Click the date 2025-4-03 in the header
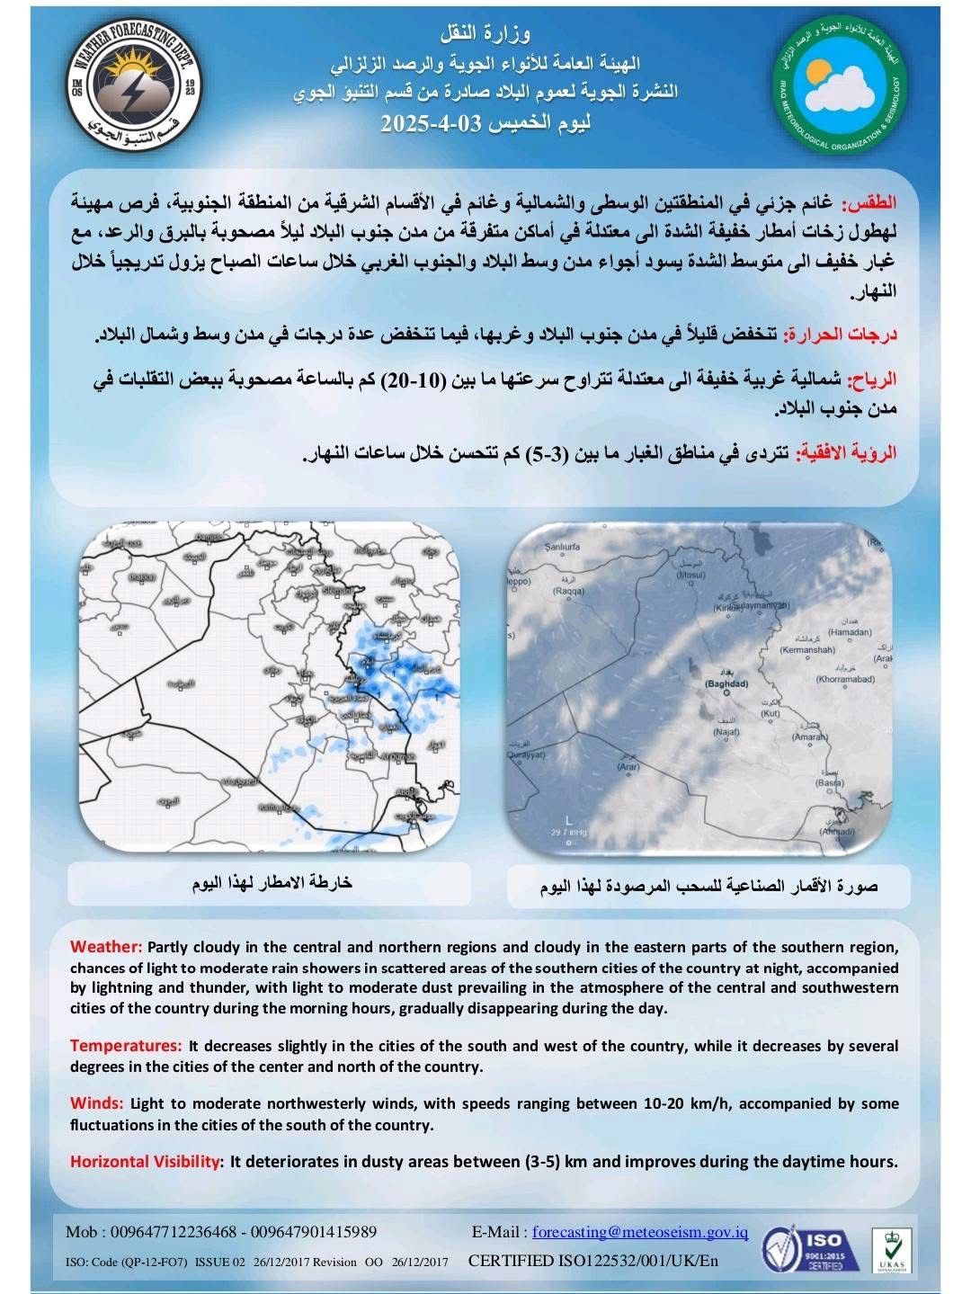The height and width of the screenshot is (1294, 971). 485,124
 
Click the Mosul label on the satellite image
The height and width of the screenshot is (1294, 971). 691,576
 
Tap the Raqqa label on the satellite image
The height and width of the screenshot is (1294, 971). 568,592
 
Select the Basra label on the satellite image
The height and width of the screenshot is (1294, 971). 830,783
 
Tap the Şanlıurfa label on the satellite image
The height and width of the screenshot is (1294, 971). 564,546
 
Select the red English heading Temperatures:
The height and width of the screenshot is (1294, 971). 126,1046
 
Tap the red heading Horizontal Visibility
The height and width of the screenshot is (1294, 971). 145,1161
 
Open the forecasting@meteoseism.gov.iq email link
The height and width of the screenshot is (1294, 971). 640,1232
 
